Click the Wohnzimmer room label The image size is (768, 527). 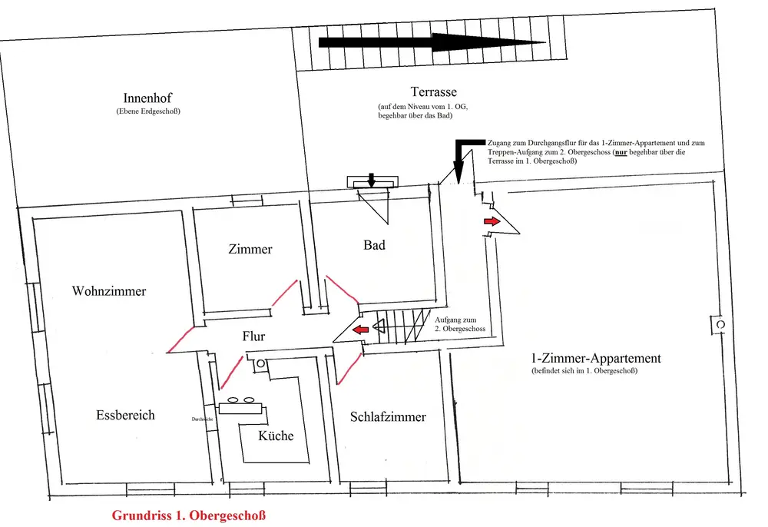(x=109, y=291)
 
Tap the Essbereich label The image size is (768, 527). (x=125, y=415)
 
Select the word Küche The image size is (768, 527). (x=276, y=436)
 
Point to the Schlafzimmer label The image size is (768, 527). (x=388, y=417)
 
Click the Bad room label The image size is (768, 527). (x=374, y=246)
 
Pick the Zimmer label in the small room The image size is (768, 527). (x=250, y=249)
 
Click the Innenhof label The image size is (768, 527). (x=147, y=98)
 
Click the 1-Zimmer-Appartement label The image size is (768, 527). (x=596, y=358)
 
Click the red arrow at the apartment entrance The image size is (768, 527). (x=491, y=221)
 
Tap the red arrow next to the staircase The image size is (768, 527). (x=356, y=330)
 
